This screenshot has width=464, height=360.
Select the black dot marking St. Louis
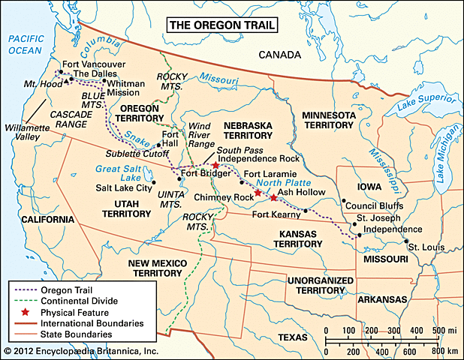coord(405,242)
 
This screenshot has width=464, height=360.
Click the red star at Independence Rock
coord(215,165)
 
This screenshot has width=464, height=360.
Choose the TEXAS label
coord(293,338)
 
